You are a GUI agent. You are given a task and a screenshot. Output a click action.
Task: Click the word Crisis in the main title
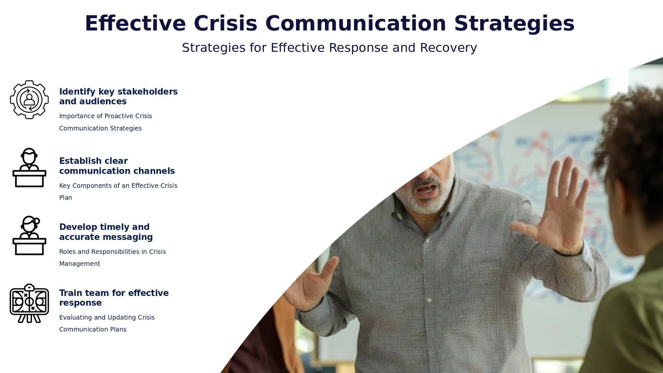coord(225,23)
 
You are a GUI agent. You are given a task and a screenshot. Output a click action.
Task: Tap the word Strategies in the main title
coord(514,24)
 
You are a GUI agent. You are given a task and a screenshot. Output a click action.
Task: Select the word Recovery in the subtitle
coord(448,48)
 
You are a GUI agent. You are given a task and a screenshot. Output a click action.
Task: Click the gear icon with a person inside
coord(29,99)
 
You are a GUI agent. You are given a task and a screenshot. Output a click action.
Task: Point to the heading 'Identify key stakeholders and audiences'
coord(119,97)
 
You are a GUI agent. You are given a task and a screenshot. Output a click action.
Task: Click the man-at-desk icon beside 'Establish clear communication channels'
coord(29,167)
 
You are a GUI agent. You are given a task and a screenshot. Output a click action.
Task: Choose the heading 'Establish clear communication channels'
coord(117,166)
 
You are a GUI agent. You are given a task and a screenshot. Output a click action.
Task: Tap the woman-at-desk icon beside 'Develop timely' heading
coord(29,235)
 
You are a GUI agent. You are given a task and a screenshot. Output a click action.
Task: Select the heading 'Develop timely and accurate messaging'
coord(106,232)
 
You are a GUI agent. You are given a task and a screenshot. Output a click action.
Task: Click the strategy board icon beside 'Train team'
coord(29,303)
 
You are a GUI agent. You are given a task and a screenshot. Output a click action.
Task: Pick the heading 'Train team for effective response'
coord(114,298)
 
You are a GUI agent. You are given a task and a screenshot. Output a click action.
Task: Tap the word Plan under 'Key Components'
coord(66,197)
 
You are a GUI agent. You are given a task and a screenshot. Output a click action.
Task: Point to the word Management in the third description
coord(80,264)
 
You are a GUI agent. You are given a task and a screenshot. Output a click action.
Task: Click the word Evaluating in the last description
coord(75,317)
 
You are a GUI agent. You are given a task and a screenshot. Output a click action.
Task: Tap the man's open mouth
coord(426,190)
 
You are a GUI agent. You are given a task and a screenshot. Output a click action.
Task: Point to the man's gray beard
coord(426,197)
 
